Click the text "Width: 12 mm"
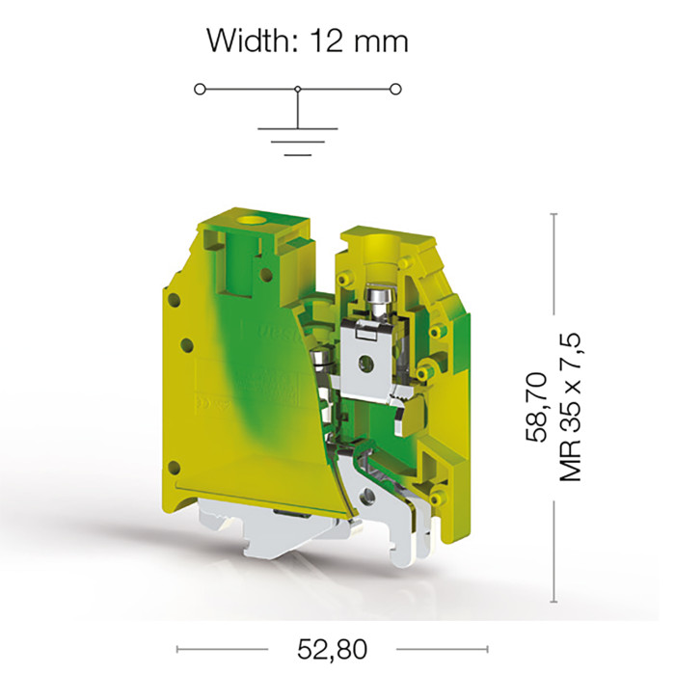(x=308, y=41)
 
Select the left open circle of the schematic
(x=200, y=89)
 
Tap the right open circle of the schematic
(x=395, y=89)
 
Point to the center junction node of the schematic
(x=297, y=89)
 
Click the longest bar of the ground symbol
(x=297, y=128)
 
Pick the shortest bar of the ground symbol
(x=297, y=154)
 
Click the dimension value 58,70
(x=536, y=407)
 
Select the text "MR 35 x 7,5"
(x=571, y=407)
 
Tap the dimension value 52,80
(x=332, y=649)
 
